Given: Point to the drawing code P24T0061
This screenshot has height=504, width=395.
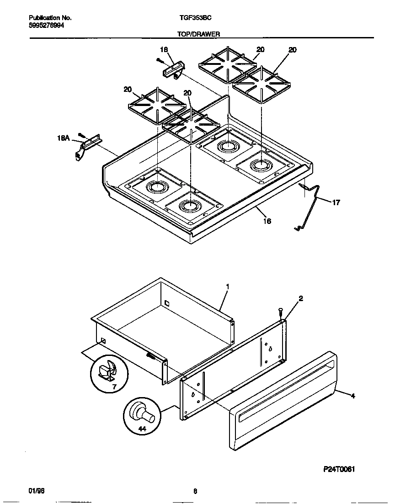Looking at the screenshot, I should pos(336,469).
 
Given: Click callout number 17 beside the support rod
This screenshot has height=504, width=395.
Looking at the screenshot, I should pos(336,202).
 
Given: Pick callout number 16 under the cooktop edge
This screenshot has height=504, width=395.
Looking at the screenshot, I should pos(267,221).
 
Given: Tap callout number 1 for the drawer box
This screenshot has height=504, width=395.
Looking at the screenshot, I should pos(227,286).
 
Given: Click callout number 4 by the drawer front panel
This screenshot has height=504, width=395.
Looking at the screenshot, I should pos(352,396).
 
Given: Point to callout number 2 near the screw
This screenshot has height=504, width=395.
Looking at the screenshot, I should pos(300,298).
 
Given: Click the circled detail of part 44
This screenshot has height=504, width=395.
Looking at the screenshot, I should pos(142,415).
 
